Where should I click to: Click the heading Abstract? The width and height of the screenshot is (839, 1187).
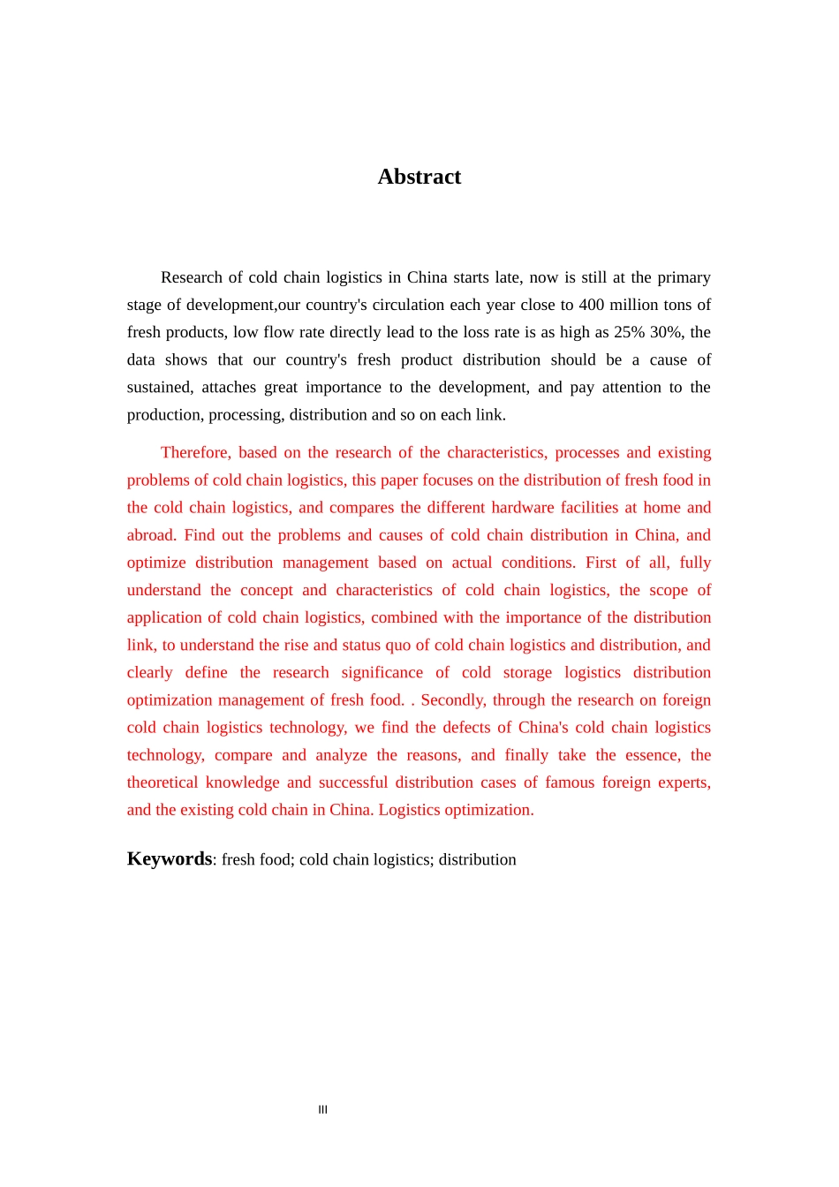click(x=419, y=177)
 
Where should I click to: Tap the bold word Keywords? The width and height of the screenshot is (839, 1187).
click(x=169, y=859)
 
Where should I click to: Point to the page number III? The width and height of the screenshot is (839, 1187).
click(x=322, y=1109)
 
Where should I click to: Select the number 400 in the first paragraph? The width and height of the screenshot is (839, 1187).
click(x=591, y=305)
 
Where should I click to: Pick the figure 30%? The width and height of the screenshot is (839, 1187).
click(x=665, y=332)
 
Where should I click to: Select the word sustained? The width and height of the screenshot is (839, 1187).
click(x=159, y=387)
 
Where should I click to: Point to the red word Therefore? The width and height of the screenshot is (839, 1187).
click(x=195, y=452)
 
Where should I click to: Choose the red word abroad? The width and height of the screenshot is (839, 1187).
click(x=151, y=534)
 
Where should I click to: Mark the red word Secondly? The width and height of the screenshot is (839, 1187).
click(x=453, y=699)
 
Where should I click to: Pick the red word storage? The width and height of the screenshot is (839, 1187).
click(x=527, y=672)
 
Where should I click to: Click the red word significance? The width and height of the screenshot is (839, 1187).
click(x=382, y=672)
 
